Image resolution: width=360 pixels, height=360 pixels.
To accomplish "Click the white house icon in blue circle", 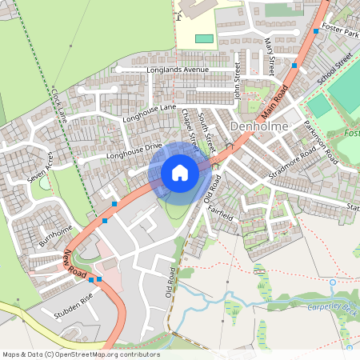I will coord(180,173).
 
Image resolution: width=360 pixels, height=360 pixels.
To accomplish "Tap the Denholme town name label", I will coord(258,127).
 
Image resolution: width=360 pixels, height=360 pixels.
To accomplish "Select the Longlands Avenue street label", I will coord(177,70).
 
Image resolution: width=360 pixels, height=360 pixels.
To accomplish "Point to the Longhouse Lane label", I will coord(148,113).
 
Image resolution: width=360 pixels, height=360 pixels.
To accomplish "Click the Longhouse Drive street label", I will coord(134,147).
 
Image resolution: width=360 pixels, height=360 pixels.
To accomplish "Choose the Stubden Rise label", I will coord(76,303).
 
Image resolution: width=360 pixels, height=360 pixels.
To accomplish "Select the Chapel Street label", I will coord(190,127).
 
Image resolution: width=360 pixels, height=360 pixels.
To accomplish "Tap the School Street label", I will coord(334,70).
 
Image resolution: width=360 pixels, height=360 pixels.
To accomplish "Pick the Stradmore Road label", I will coord(294,165).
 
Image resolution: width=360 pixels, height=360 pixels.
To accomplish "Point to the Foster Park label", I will coord(339,35).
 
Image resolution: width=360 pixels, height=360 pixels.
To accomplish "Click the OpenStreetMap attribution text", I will coord(81,354).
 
